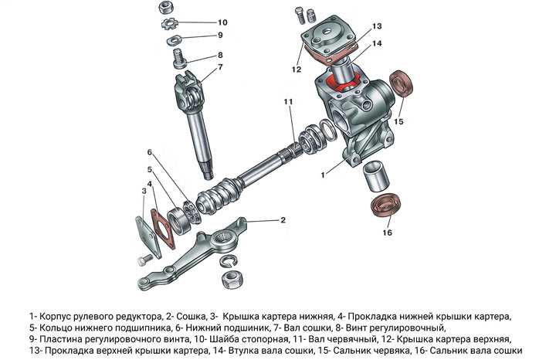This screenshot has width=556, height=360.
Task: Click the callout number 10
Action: [222, 22]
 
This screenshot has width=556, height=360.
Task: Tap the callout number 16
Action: [387, 233]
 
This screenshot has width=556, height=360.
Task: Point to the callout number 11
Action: [288, 102]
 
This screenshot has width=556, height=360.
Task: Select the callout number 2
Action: [283, 220]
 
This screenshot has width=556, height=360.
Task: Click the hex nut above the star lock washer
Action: [164, 7]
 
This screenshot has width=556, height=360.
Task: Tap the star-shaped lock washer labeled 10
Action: [168, 24]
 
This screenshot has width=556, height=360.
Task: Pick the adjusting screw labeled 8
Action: [180, 59]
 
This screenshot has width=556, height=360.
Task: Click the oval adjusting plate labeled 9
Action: [173, 39]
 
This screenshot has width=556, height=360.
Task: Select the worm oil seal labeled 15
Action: [402, 83]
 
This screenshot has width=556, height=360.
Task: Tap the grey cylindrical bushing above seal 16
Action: [376, 175]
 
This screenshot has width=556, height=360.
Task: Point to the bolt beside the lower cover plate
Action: [145, 260]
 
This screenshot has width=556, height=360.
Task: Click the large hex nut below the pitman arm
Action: [232, 278]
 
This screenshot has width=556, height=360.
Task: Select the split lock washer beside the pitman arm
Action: [228, 260]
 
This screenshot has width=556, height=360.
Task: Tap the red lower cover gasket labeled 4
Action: [164, 229]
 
